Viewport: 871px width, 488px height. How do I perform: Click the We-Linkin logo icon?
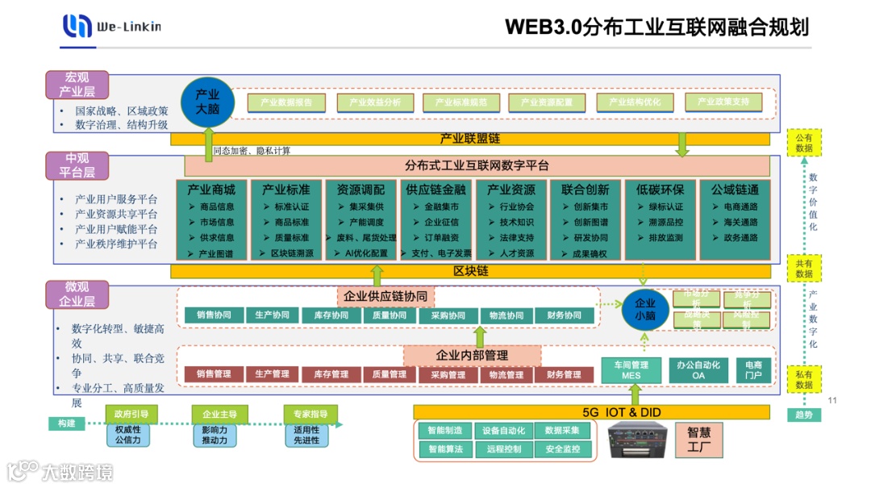click(77, 26)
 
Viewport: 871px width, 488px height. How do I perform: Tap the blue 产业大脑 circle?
click(207, 101)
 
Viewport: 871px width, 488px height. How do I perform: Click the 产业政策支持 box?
click(723, 102)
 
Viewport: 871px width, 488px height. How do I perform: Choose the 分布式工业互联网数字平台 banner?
click(477, 165)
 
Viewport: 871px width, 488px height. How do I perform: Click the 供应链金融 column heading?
click(436, 190)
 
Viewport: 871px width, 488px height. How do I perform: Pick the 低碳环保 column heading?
click(660, 190)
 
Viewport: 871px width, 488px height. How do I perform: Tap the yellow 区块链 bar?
click(471, 271)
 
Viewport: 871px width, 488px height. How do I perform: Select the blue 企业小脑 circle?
click(645, 309)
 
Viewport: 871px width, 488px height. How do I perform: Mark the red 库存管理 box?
click(331, 374)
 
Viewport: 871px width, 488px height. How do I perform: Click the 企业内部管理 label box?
click(472, 355)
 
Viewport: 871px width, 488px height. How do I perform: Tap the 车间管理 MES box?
click(631, 370)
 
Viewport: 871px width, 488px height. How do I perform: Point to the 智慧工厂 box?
click(699, 440)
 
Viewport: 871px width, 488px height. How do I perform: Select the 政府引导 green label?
click(131, 415)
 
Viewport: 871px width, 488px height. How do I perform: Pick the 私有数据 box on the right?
click(804, 379)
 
